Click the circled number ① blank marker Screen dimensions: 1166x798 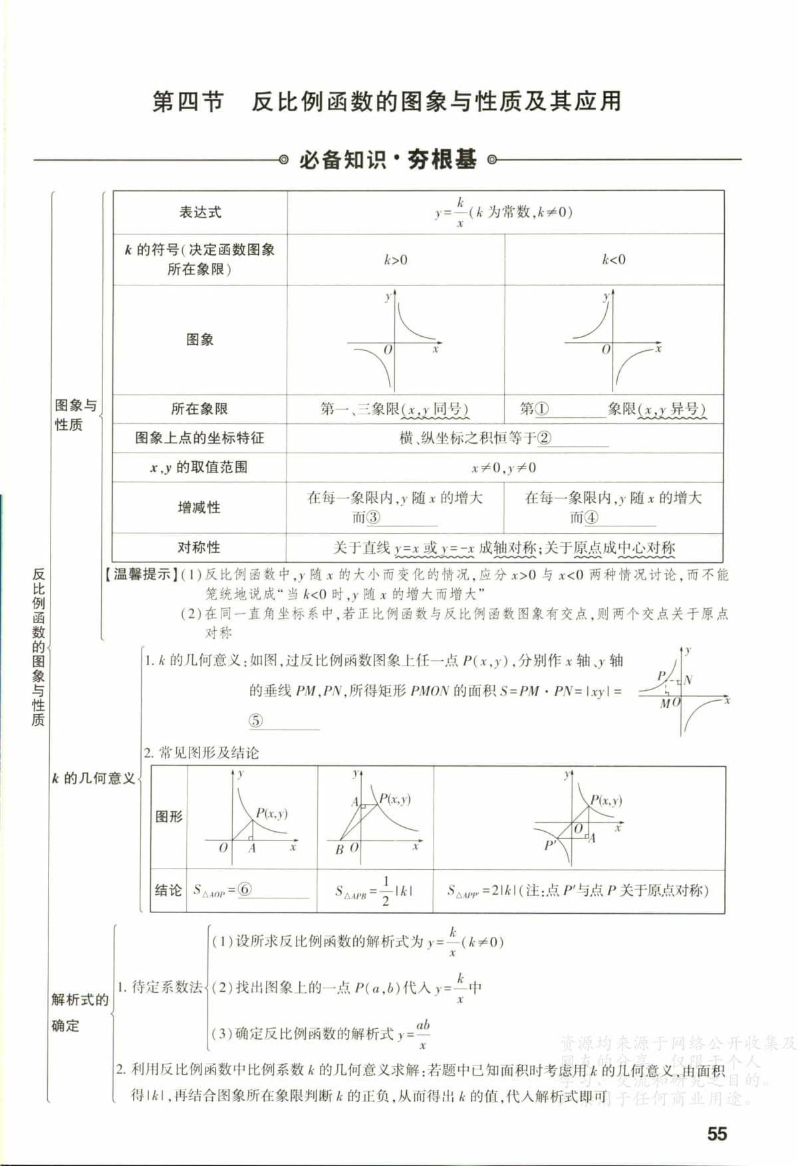pos(542,409)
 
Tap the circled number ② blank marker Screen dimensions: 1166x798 pos(544,438)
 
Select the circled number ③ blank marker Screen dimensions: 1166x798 pos(373,517)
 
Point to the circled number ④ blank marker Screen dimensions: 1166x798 pos(591,517)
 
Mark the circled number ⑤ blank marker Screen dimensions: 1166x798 pos(256,720)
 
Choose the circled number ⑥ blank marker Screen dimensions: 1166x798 pos(245,889)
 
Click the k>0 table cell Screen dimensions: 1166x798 pos(396,260)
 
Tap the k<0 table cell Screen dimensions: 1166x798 pos(613,260)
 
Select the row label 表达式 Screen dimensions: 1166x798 pos(199,212)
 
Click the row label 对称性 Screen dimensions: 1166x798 pos(199,547)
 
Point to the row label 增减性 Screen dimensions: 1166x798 pos(199,507)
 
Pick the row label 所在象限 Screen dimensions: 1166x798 pos(199,409)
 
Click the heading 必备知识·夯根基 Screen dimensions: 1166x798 pos(388,160)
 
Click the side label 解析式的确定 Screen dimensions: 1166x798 pos(78,1012)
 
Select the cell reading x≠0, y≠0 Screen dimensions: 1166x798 pos(504,467)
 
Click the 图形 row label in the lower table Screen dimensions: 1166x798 pos(168,817)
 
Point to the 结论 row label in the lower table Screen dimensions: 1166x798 pos(168,890)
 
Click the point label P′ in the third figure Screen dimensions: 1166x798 pos(550,845)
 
